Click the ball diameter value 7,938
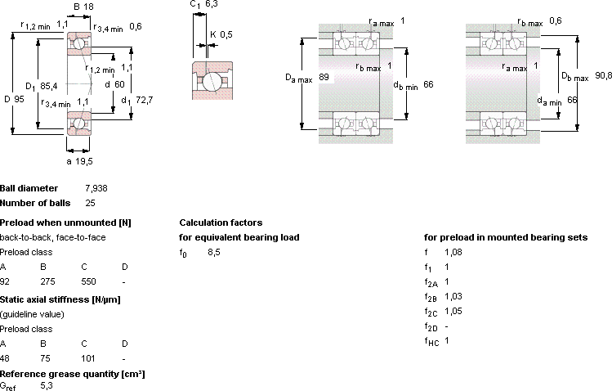[x=96, y=188]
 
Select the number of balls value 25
[x=90, y=203]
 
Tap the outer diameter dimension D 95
[x=15, y=99]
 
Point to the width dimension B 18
[x=83, y=7]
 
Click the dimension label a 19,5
[x=79, y=161]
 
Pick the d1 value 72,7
[x=145, y=100]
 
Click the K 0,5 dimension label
[x=221, y=34]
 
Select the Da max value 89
[x=324, y=77]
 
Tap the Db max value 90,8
[x=603, y=75]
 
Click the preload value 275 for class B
[x=47, y=281]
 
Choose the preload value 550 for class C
[x=88, y=281]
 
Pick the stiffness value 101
[x=88, y=358]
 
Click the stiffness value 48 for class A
[x=5, y=358]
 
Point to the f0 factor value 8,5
[x=214, y=252]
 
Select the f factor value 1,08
[x=453, y=252]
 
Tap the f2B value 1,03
[x=453, y=296]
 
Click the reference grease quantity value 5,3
[x=47, y=386]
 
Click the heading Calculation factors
[x=221, y=222]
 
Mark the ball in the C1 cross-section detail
[x=212, y=81]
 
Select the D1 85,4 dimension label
[x=42, y=87]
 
